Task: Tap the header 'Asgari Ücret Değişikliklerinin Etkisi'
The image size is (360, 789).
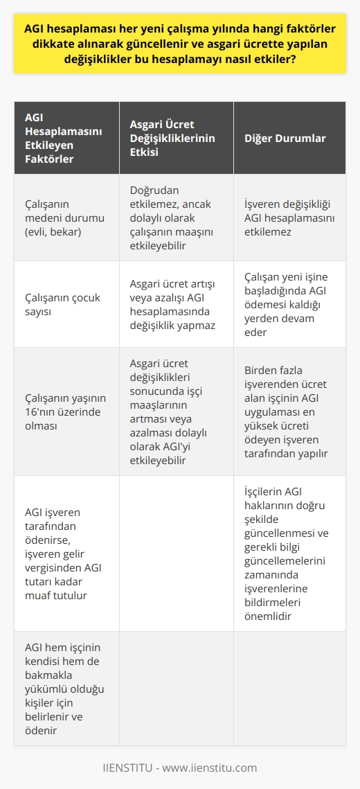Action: tap(172, 138)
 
